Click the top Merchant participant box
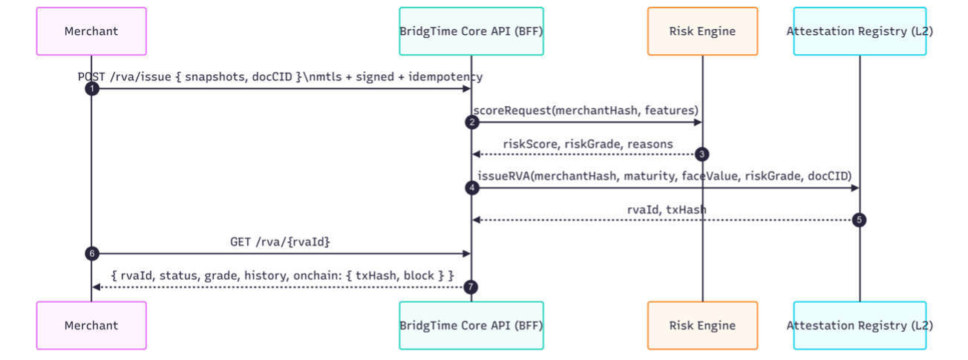[91, 31]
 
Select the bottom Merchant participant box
[91, 325]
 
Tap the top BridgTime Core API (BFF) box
[471, 31]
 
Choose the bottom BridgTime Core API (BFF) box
[471, 325]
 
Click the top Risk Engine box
[702, 31]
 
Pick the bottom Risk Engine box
[702, 325]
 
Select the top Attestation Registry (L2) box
[860, 31]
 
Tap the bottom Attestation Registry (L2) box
[860, 325]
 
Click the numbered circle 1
[91, 89]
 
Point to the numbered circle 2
[471, 122]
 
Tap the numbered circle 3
[702, 154]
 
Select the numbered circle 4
[471, 188]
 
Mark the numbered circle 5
[860, 220]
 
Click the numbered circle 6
[91, 254]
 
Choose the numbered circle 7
[471, 287]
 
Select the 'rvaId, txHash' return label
[666, 209]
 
